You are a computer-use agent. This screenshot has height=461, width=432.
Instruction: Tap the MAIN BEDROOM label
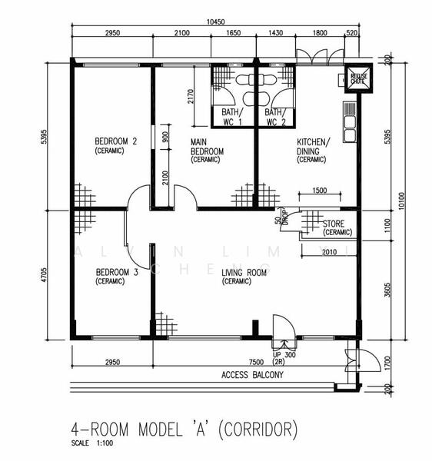(207, 150)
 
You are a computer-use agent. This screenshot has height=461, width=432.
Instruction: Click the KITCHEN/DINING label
(313, 150)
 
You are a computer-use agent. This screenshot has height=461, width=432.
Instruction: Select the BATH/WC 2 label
(276, 117)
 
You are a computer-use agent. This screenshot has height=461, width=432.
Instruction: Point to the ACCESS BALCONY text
(252, 376)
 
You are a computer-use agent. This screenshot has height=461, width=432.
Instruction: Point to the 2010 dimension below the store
(328, 251)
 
